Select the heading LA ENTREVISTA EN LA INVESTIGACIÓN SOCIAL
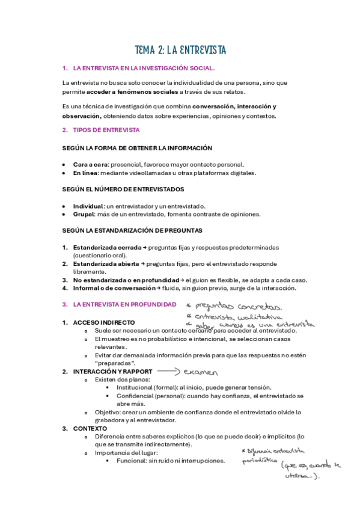(x=143, y=69)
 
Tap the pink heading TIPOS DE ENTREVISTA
(x=106, y=130)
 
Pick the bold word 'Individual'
(x=88, y=206)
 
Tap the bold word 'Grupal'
(x=84, y=214)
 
